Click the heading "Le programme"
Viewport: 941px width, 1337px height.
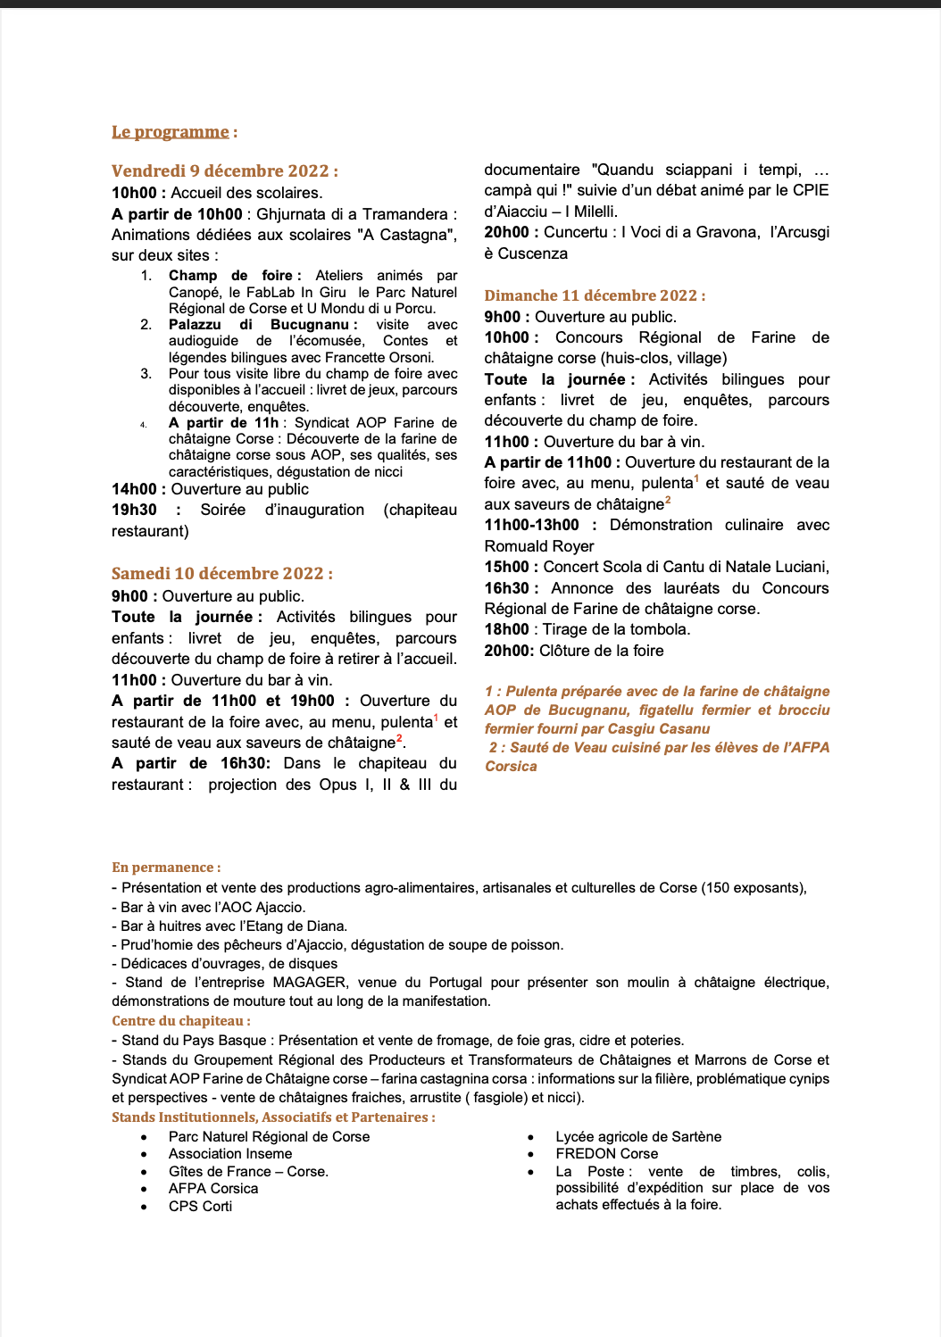[x=171, y=132]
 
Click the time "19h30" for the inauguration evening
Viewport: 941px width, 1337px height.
[x=134, y=510]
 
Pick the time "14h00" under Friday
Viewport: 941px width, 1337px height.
[x=135, y=489]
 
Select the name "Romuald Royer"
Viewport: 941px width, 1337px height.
[x=539, y=546]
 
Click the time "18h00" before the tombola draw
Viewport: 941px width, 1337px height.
[x=506, y=629]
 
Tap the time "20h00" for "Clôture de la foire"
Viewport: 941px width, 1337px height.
[x=509, y=651]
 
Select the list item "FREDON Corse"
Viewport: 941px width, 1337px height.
[x=606, y=1154]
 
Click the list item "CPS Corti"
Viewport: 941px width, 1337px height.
[x=200, y=1207]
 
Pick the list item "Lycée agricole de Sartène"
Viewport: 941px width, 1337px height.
[x=638, y=1137]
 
